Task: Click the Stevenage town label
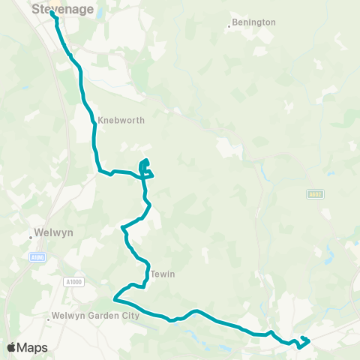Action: [63, 10]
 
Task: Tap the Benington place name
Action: [255, 22]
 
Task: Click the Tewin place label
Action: [163, 274]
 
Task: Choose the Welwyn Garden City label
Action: [96, 316]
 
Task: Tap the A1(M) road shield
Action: [37, 257]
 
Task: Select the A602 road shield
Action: [314, 194]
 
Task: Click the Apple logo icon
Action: [11, 347]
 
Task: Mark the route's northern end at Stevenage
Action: [52, 13]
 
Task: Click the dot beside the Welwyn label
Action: [31, 236]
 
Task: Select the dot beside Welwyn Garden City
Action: [49, 319]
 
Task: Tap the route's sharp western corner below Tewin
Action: [114, 298]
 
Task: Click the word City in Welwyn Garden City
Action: [131, 316]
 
